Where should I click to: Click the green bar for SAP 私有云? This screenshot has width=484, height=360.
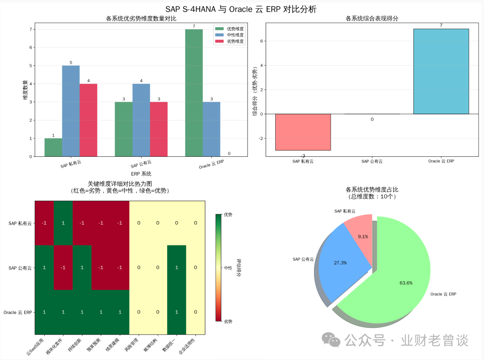53,147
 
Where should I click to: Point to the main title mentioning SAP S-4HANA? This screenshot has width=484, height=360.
242,9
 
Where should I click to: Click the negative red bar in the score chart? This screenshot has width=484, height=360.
303,132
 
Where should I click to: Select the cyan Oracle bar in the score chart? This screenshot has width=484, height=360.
441,71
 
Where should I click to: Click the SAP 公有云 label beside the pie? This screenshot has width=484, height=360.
303,259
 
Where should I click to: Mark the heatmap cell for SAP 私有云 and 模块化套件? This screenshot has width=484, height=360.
63,223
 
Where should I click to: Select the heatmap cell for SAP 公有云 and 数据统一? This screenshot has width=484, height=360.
177,267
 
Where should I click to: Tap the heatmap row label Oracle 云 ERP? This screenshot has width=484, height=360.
18,312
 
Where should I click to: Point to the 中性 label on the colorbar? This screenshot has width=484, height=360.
228,268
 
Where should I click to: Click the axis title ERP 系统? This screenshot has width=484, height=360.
141,174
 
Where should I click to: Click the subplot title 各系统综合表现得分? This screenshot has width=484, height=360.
372,19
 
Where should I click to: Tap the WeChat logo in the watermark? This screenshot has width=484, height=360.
332,340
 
